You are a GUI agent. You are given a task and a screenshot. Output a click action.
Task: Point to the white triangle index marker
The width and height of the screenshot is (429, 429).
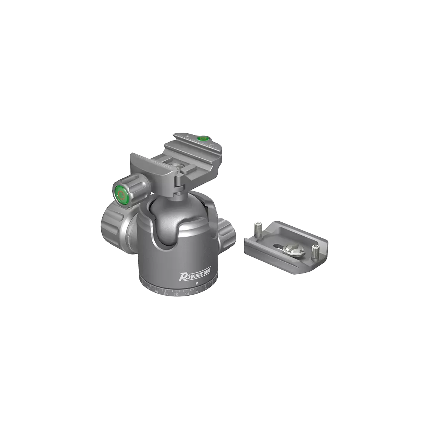[x=197, y=283]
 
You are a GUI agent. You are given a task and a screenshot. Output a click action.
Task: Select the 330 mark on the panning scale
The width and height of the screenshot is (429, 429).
[x=176, y=294]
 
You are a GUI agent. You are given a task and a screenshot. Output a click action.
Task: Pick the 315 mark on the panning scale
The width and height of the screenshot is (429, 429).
[x=166, y=294]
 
